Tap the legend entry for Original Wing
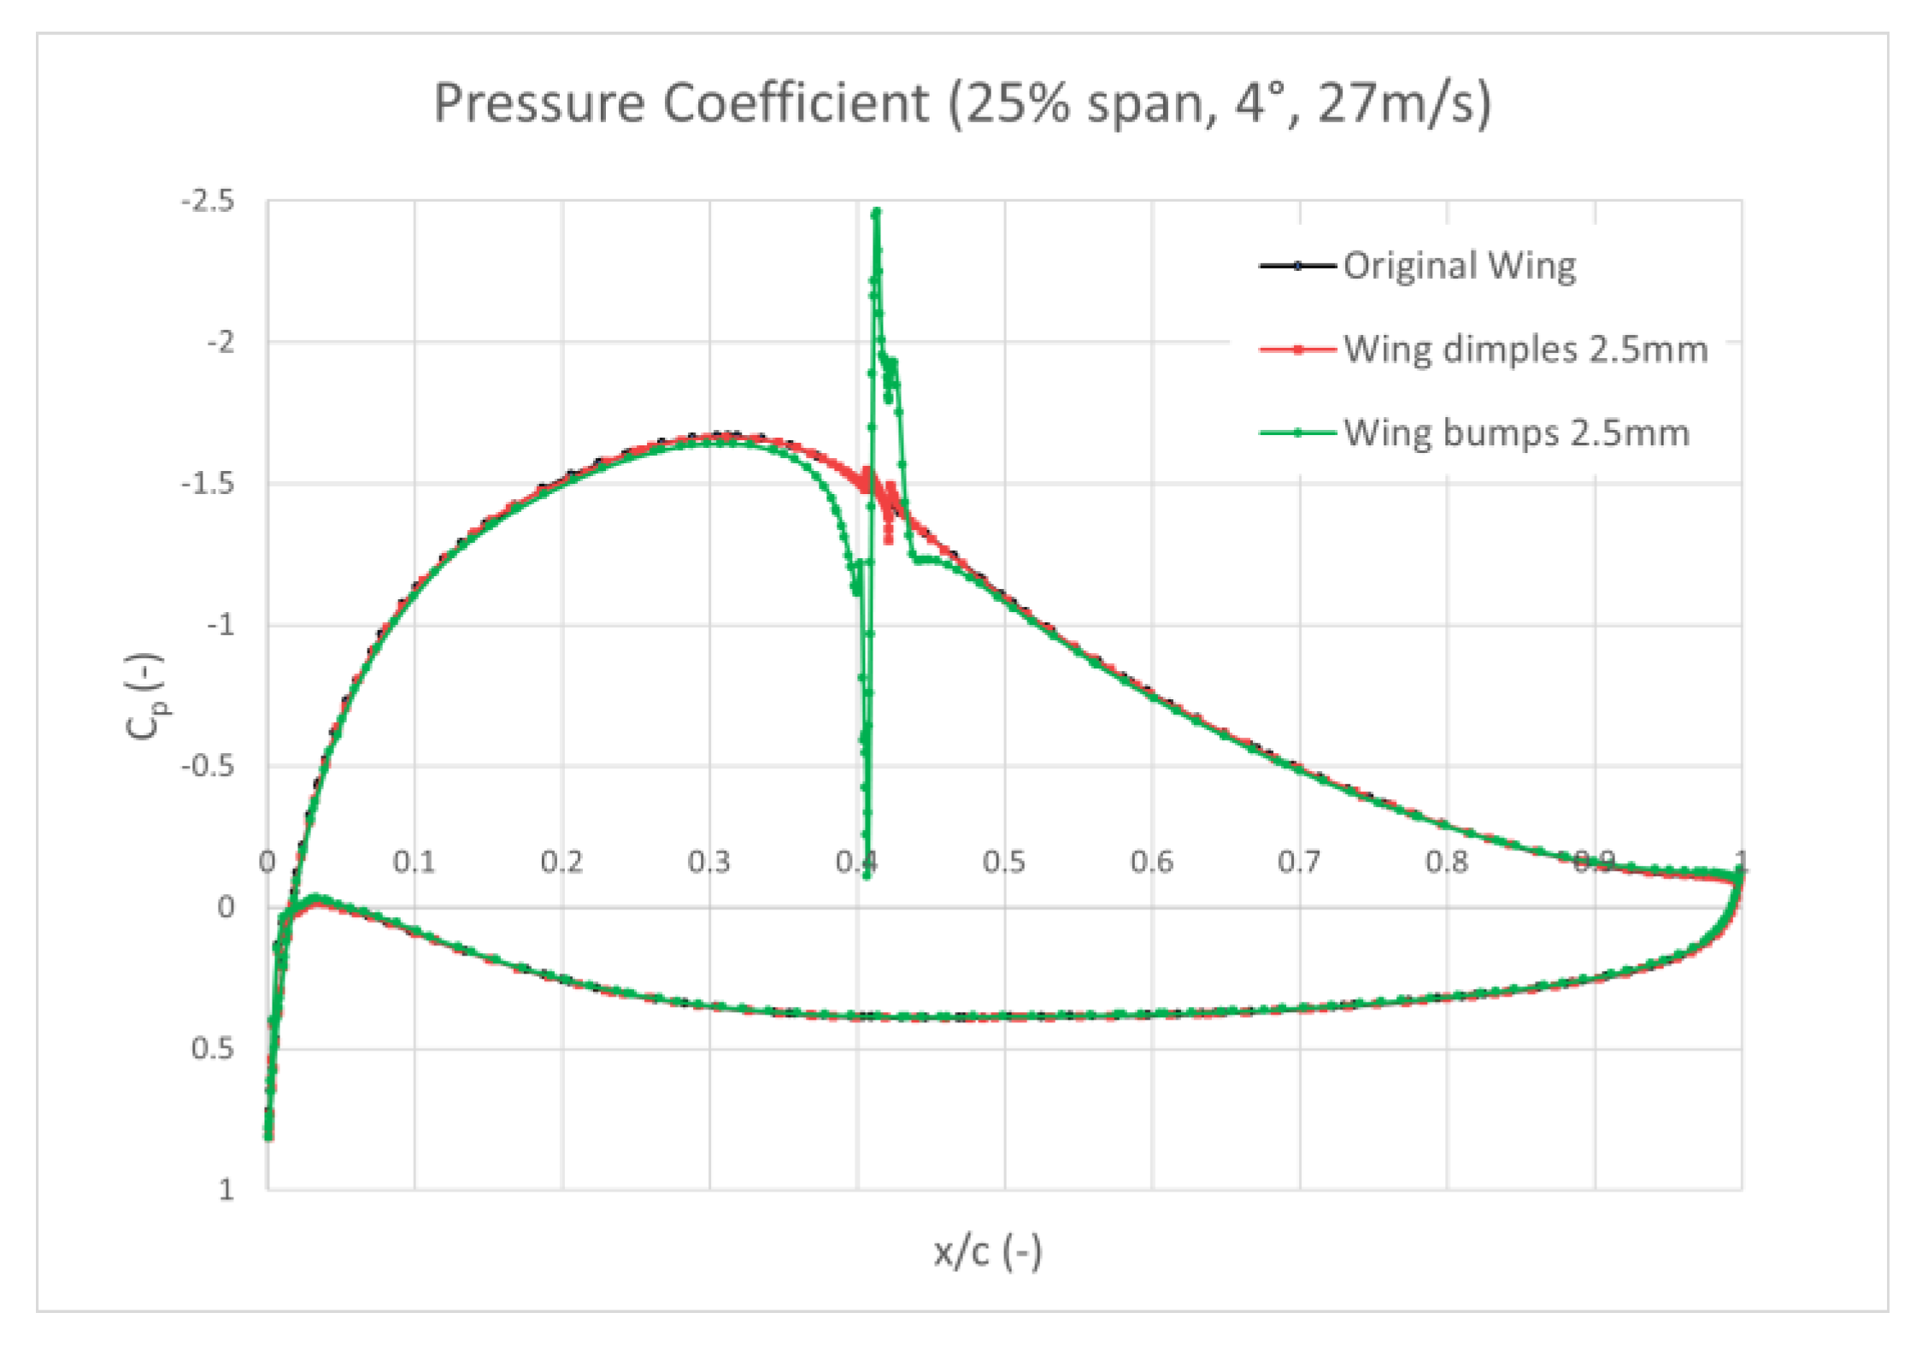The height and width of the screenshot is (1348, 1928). click(x=1459, y=266)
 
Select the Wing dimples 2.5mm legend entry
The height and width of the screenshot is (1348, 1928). click(x=1525, y=350)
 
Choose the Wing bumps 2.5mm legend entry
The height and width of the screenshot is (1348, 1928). click(x=1516, y=433)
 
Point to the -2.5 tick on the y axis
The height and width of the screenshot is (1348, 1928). click(x=208, y=203)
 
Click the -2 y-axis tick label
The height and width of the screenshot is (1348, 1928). click(x=220, y=343)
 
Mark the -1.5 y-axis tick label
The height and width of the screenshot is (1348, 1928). click(x=208, y=484)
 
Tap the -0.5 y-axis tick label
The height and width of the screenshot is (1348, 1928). click(x=208, y=766)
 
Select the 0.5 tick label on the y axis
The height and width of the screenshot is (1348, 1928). click(x=213, y=1048)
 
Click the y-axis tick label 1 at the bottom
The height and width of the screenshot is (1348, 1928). click(x=226, y=1189)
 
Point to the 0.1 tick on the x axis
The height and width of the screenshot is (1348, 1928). click(x=414, y=862)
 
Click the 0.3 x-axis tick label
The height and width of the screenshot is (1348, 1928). click(x=709, y=862)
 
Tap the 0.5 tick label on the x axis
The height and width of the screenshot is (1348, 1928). click(x=1004, y=862)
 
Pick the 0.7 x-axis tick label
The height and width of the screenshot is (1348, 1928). click(x=1299, y=862)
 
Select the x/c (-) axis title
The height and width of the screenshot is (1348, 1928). click(x=988, y=1253)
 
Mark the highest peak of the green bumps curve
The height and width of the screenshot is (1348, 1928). click(x=876, y=211)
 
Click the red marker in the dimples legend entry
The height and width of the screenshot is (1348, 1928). click(x=1297, y=350)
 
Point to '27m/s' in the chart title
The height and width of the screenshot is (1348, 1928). click(x=1404, y=103)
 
